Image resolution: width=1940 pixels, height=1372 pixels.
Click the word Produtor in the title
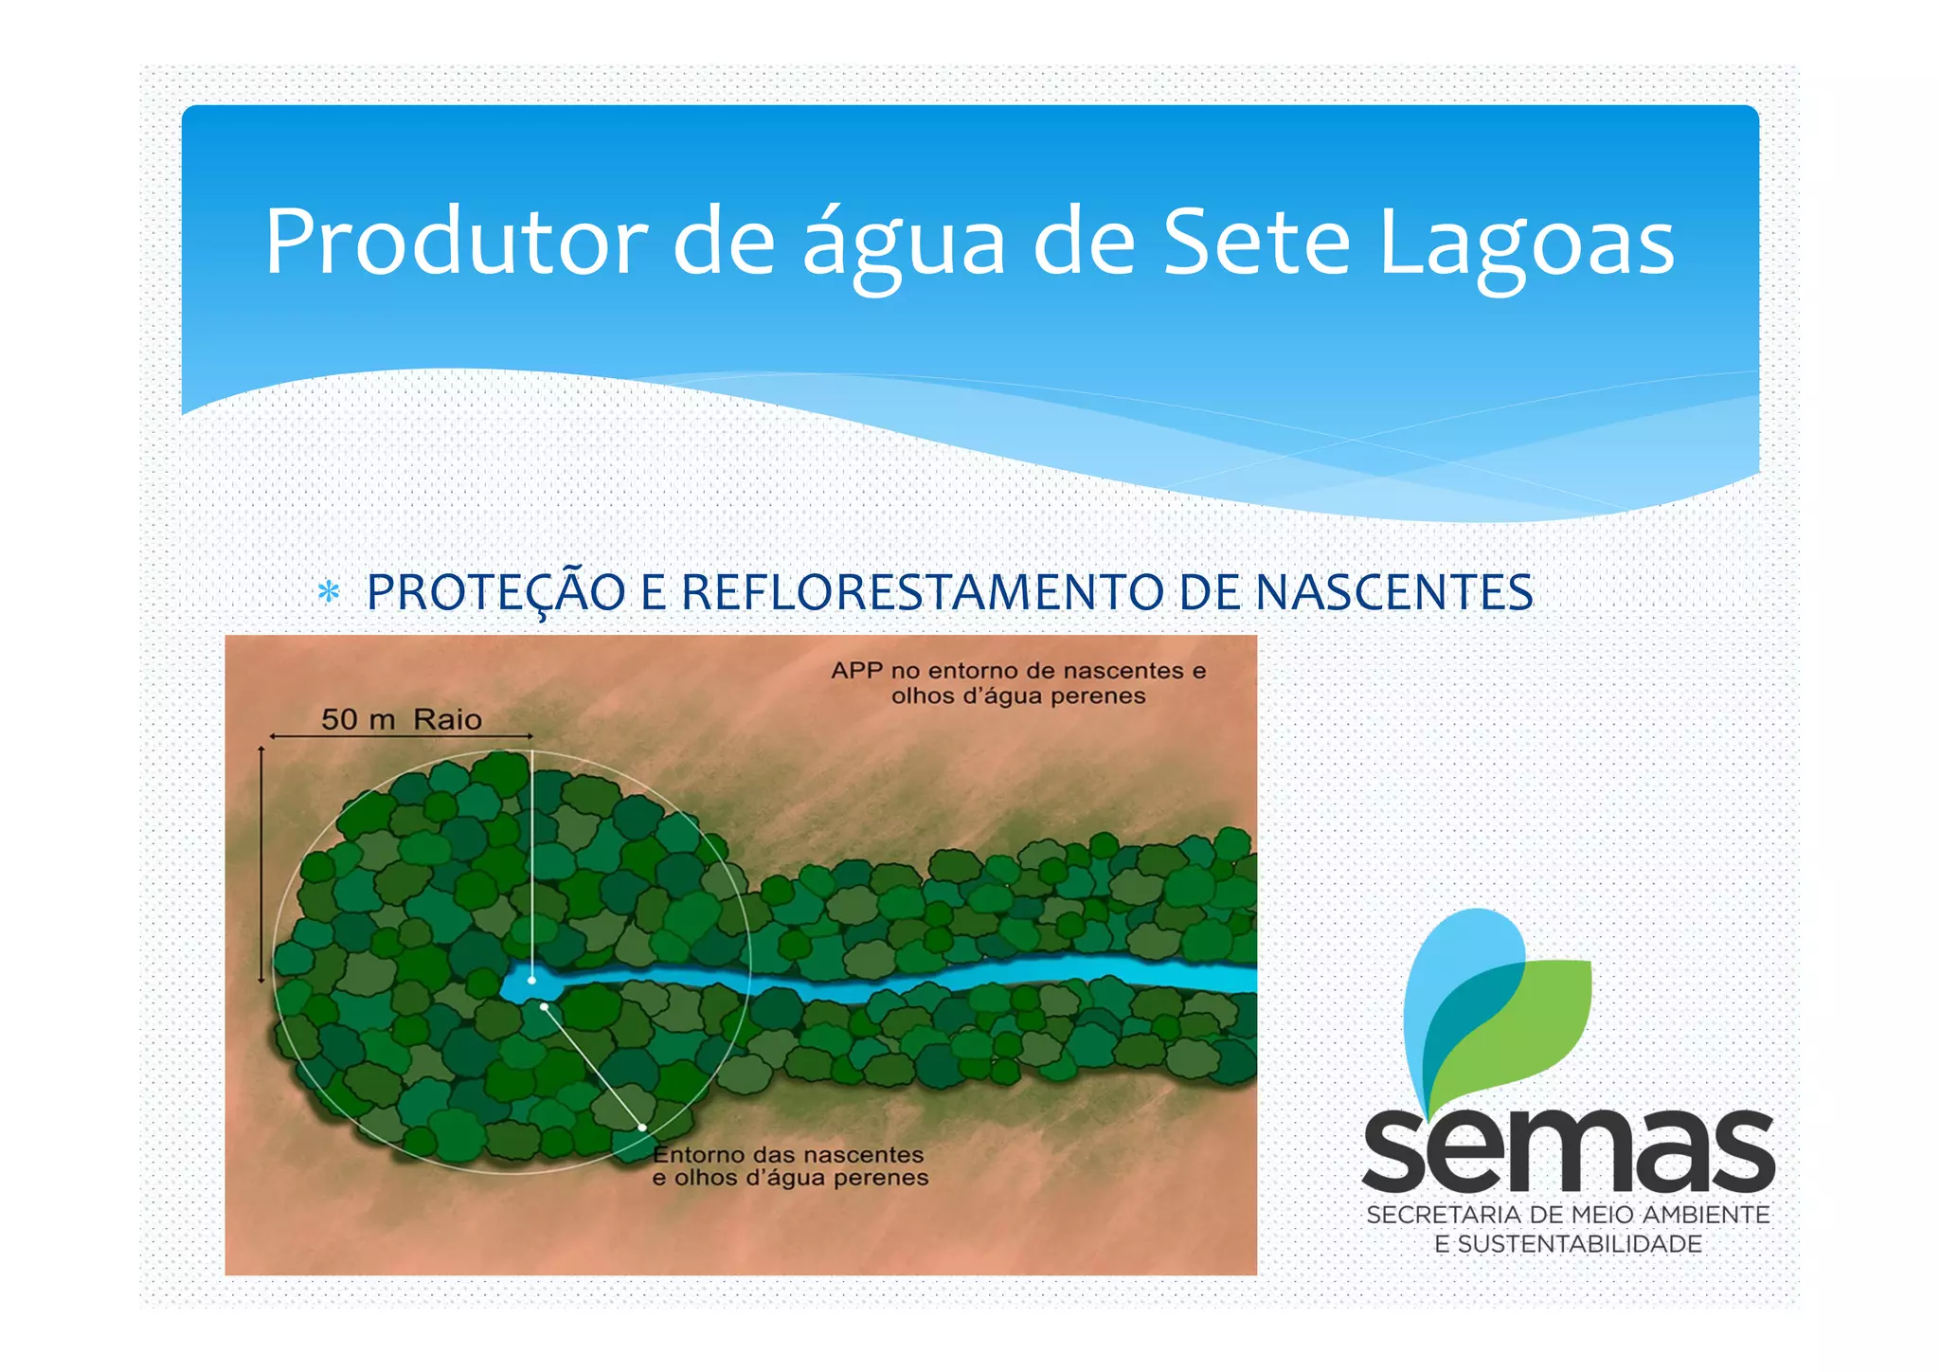tap(455, 242)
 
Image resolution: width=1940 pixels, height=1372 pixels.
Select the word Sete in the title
tap(1255, 242)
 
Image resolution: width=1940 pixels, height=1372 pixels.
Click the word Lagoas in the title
tap(1526, 242)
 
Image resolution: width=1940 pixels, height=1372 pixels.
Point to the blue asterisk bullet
tap(328, 592)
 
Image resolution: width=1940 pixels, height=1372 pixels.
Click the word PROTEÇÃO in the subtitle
tap(495, 592)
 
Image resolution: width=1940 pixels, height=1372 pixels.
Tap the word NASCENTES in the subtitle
tap(1393, 592)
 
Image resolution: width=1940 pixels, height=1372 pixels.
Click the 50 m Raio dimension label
tap(401, 719)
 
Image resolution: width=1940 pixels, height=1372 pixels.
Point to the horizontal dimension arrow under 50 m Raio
tap(401, 736)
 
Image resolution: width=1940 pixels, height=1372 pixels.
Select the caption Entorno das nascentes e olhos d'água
tap(790, 1166)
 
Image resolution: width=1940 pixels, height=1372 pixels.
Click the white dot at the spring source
tap(531, 980)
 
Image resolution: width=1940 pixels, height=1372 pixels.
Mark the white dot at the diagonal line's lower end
tap(642, 1128)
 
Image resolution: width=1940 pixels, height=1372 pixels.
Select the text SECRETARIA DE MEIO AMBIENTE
tap(1568, 1215)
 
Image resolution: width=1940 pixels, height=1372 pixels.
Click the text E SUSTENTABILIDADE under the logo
tap(1568, 1244)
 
